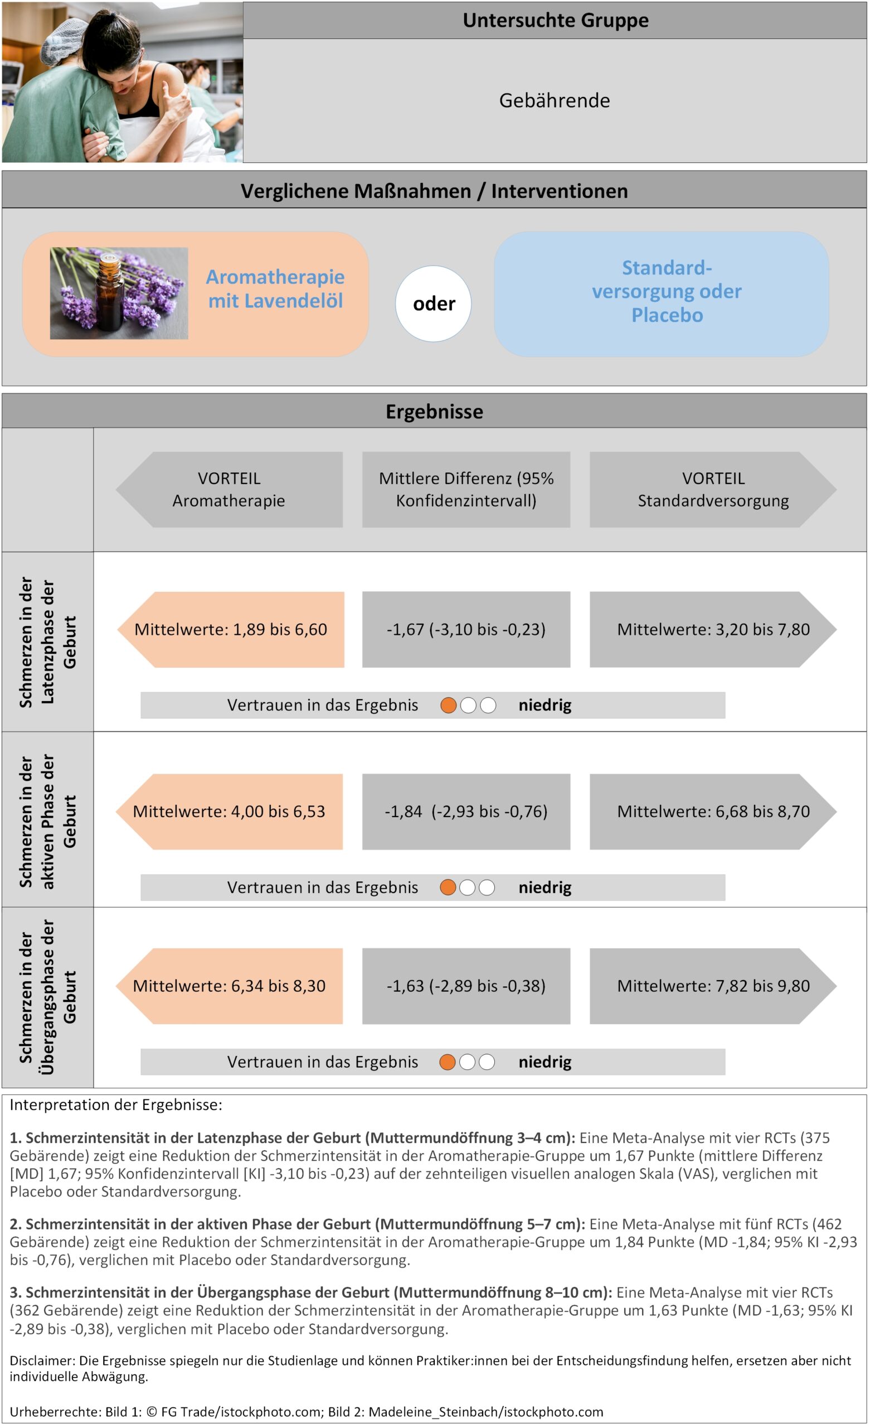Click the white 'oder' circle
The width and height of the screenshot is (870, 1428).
pyautogui.click(x=433, y=303)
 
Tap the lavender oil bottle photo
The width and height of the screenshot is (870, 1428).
pyautogui.click(x=119, y=293)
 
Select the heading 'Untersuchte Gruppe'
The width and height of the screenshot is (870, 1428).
pyautogui.click(x=555, y=20)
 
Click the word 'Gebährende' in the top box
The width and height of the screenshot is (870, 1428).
pyautogui.click(x=555, y=101)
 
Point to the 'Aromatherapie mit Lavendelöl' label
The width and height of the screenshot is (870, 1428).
pyautogui.click(x=275, y=288)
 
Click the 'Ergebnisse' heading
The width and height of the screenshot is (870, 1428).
pyautogui.click(x=434, y=412)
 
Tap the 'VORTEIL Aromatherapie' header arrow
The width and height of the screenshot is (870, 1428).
pyautogui.click(x=230, y=490)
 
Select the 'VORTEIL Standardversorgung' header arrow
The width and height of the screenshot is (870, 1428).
pyautogui.click(x=712, y=490)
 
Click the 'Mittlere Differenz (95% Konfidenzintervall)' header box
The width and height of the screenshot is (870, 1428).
pyautogui.click(x=466, y=490)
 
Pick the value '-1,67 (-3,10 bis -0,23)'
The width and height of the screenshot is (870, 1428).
pyautogui.click(x=466, y=629)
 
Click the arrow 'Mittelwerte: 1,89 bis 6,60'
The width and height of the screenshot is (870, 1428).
pyautogui.click(x=231, y=629)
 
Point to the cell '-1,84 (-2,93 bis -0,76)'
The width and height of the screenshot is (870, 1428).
pyautogui.click(x=466, y=812)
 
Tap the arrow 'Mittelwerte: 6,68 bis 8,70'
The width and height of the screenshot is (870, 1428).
pyautogui.click(x=712, y=812)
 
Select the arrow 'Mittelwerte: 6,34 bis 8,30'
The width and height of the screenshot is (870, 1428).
pyautogui.click(x=230, y=986)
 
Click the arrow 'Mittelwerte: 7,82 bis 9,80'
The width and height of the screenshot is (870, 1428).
pyautogui.click(x=712, y=986)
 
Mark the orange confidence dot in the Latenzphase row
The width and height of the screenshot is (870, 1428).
pyautogui.click(x=448, y=705)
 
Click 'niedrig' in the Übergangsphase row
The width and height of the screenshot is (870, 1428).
pyautogui.click(x=545, y=1062)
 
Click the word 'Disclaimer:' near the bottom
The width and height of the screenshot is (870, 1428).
pyautogui.click(x=42, y=1360)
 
